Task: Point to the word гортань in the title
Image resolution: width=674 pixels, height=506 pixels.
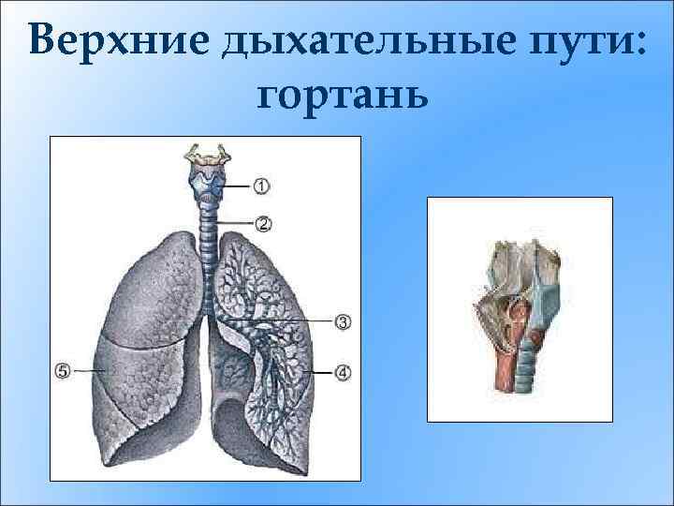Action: pos(339,94)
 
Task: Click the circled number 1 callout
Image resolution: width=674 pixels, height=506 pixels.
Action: pos(261,186)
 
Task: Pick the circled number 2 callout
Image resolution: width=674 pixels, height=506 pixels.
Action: pos(263,223)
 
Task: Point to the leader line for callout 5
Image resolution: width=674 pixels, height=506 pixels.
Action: pos(90,371)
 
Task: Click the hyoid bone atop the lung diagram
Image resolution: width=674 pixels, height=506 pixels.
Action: pos(206,154)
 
